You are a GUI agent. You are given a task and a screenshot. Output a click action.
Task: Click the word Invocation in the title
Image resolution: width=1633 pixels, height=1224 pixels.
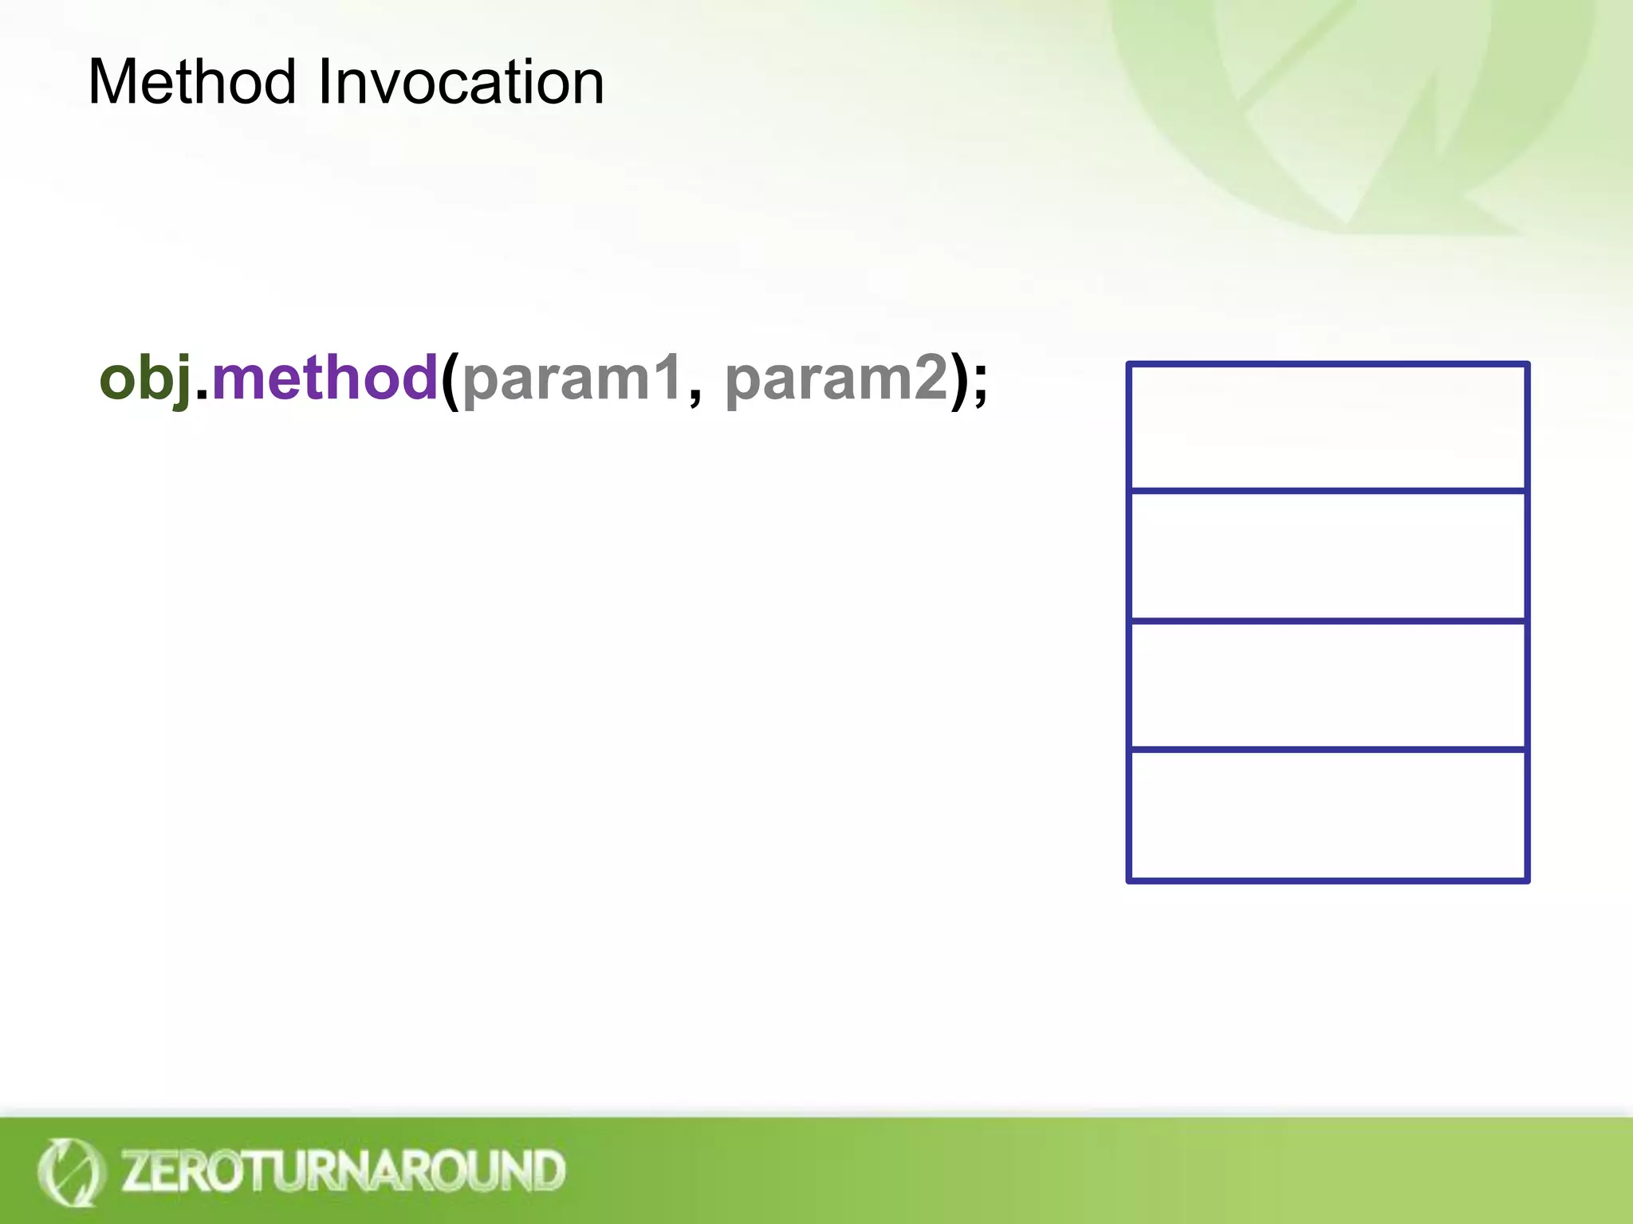[x=461, y=82]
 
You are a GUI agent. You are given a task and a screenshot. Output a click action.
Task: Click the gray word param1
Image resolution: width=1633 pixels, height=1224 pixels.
[x=571, y=379]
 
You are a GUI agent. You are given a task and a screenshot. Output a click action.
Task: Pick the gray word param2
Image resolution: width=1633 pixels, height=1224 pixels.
[x=836, y=379]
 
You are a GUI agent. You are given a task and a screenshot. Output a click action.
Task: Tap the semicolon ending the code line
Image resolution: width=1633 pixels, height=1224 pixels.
[x=980, y=384]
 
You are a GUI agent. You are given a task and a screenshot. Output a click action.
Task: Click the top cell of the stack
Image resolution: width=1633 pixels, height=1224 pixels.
[x=1328, y=427]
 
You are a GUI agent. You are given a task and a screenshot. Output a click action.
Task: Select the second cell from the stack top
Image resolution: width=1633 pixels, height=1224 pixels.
[x=1328, y=555]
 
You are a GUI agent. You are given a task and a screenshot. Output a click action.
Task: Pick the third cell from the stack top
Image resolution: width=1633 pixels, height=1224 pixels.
[x=1328, y=685]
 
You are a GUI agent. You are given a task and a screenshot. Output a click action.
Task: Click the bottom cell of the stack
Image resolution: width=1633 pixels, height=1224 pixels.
[x=1328, y=815]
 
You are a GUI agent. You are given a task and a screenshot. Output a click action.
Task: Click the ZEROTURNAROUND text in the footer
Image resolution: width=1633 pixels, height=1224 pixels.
[x=343, y=1171]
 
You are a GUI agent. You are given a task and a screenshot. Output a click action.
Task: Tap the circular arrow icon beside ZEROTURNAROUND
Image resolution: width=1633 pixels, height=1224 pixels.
[x=70, y=1171]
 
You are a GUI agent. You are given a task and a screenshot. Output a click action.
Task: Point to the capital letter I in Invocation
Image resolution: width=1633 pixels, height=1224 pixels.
[x=325, y=82]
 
